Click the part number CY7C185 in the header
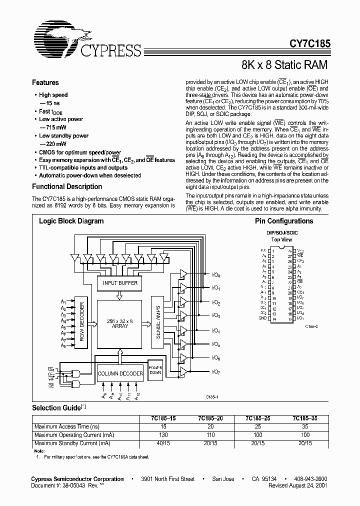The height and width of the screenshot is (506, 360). coord(309,44)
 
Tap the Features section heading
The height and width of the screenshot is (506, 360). coord(45,83)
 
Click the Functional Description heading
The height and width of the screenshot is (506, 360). coord(67,186)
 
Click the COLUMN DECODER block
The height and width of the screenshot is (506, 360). coord(120,373)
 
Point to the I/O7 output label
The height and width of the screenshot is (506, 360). coord(215,372)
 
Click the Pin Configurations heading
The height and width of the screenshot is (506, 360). coord(284,221)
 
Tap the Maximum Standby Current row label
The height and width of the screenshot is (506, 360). coord(72,443)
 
